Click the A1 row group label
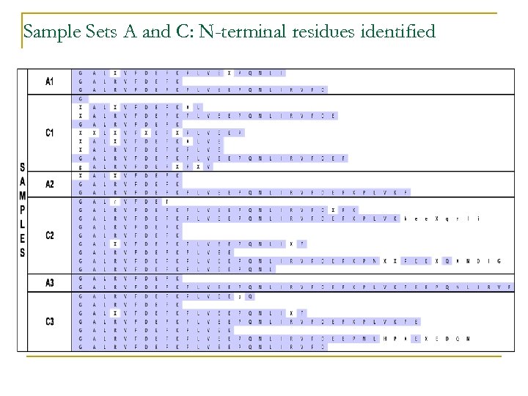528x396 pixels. pos(49,81)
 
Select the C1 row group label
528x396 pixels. pos(49,133)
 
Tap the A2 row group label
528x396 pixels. pos(49,184)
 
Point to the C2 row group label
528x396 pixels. pos(49,235)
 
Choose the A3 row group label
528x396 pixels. pos(49,283)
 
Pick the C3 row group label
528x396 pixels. pos(49,321)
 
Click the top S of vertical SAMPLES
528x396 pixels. pos(23,166)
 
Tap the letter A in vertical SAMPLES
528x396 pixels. pos(23,180)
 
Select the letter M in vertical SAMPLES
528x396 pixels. pos(23,195)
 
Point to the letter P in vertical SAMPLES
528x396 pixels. pos(23,210)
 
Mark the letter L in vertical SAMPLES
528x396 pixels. pos(23,224)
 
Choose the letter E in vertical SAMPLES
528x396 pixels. pos(23,238)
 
